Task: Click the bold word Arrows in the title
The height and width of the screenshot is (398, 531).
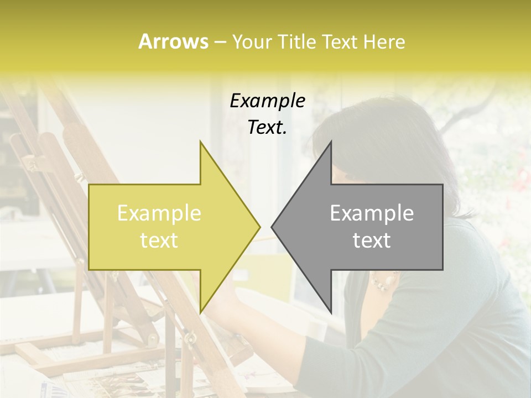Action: [x=173, y=41]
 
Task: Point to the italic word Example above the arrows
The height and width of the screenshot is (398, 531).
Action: [x=267, y=101]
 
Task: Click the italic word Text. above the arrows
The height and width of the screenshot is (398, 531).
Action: [x=267, y=127]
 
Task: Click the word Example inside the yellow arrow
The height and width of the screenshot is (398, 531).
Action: [x=159, y=213]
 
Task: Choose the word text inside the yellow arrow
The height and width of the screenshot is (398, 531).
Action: [x=159, y=240]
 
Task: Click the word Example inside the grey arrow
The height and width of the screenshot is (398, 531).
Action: [x=372, y=213]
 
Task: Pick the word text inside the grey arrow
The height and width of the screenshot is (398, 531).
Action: [x=372, y=240]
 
